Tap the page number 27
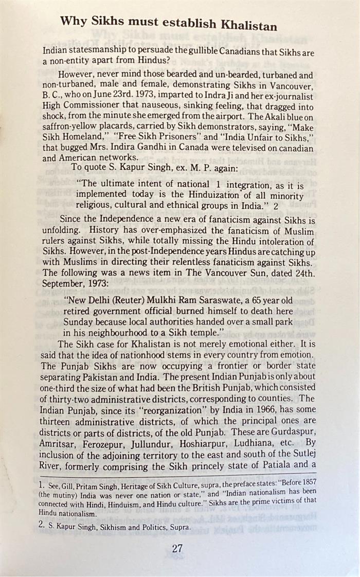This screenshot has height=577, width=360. coord(177,548)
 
